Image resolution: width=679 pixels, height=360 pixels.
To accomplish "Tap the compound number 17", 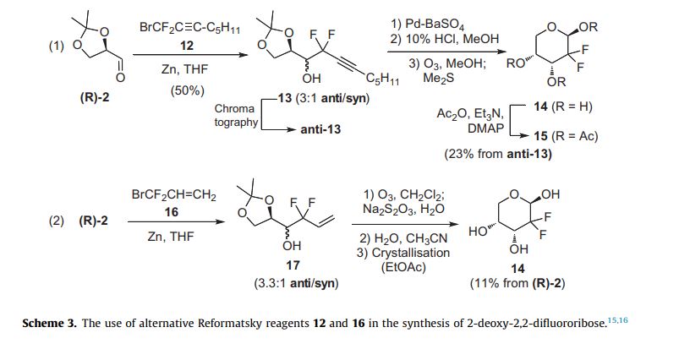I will (293, 265).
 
